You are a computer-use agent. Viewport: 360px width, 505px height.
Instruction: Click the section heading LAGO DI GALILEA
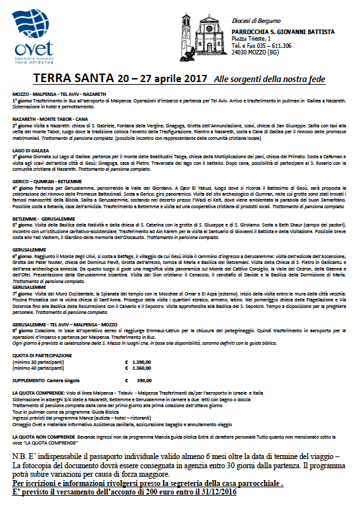tap(28, 150)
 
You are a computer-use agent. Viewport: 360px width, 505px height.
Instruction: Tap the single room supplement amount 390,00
tap(144, 380)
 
